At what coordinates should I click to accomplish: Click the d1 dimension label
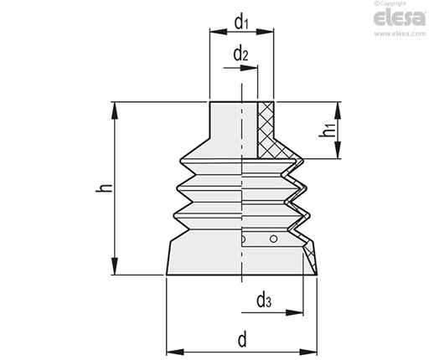coord(241,23)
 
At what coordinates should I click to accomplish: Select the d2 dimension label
coord(240,54)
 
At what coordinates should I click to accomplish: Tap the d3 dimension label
coord(264,301)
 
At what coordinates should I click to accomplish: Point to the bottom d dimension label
coord(242,339)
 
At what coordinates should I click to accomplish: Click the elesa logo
coord(400,18)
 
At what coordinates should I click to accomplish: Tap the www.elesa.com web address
coord(400,33)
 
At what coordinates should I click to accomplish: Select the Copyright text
coord(390,3)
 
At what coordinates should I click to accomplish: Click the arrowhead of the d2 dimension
coord(249,68)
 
